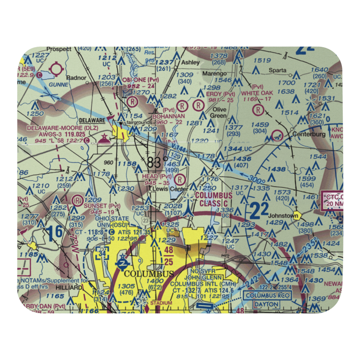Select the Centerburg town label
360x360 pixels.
point(309,134)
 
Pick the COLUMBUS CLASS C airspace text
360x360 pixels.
point(213,199)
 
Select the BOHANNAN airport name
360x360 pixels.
point(169,116)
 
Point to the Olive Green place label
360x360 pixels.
point(220,112)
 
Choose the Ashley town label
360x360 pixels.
point(190,62)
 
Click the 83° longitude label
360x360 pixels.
point(157,163)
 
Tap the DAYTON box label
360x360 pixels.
point(266,305)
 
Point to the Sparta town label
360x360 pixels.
point(279,70)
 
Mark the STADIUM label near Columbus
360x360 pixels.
point(161,303)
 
